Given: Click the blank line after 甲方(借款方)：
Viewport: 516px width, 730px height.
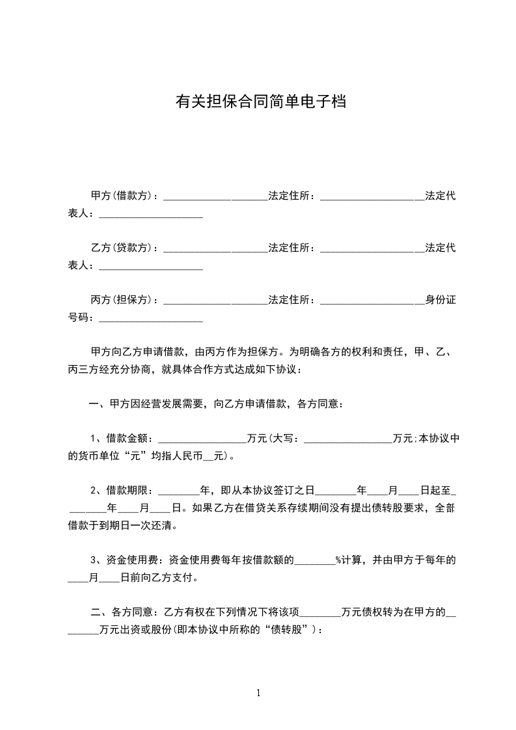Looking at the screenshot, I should [215, 197].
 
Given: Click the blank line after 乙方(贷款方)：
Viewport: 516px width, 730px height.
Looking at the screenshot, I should [215, 249].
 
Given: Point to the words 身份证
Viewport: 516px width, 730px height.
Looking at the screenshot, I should [440, 300].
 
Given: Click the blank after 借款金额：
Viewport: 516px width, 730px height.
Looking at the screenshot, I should [202, 439].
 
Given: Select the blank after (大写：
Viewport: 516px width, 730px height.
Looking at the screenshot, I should [348, 439].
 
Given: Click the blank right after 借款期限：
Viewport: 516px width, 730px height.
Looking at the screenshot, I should [179, 491].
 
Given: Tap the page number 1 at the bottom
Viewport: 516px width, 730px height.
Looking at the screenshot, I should [258, 693].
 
